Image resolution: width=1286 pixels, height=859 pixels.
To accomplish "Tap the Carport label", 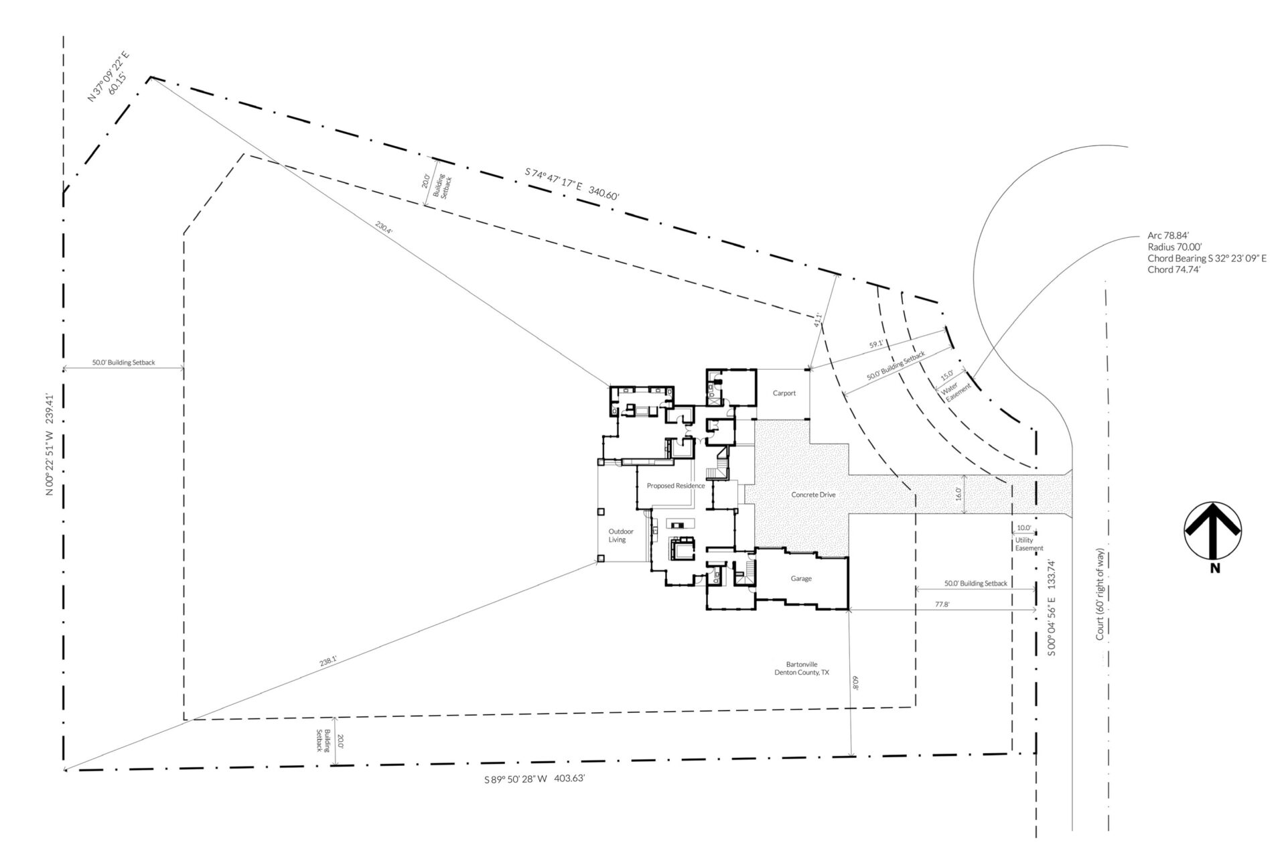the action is [784, 393].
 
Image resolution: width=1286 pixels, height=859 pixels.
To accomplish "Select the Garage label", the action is [801, 578].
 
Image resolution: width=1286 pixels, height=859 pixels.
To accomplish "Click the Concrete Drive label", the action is [813, 494].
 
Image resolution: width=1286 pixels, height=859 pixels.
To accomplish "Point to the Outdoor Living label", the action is [617, 535].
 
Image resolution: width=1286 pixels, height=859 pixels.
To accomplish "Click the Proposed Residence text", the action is [676, 486].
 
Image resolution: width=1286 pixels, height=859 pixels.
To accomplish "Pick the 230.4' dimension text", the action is [384, 227].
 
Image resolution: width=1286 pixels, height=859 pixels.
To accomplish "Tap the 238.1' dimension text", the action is [328, 661].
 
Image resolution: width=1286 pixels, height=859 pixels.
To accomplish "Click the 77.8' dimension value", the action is [941, 604].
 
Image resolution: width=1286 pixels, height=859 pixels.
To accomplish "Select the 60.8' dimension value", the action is [855, 682].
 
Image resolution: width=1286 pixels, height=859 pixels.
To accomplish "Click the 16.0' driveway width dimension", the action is [958, 494].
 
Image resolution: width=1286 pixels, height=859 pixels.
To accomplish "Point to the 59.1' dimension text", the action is [876, 344].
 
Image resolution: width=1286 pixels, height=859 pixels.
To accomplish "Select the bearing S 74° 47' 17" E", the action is [553, 180].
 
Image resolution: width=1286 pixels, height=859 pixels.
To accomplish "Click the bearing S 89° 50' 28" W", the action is [516, 779].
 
